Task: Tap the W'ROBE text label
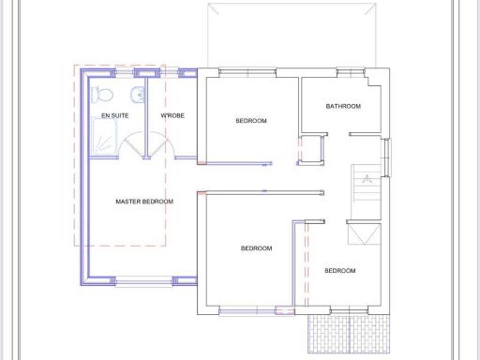pos(172,116)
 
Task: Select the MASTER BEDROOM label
pos(144,202)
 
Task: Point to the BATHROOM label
pos(343,107)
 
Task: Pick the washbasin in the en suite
pos(137,93)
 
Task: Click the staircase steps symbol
pos(367,185)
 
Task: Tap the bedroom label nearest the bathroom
pos(251,121)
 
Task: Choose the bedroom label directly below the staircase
pos(339,271)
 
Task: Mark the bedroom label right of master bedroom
pos(256,248)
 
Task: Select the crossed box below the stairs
pos(366,233)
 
